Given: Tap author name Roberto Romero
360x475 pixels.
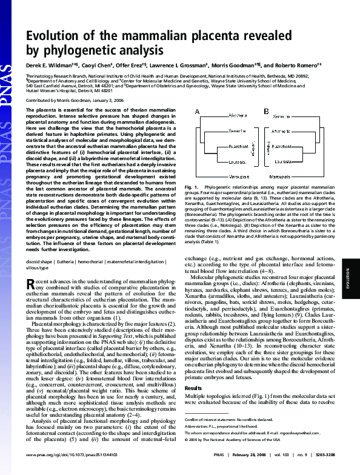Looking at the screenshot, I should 300,64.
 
